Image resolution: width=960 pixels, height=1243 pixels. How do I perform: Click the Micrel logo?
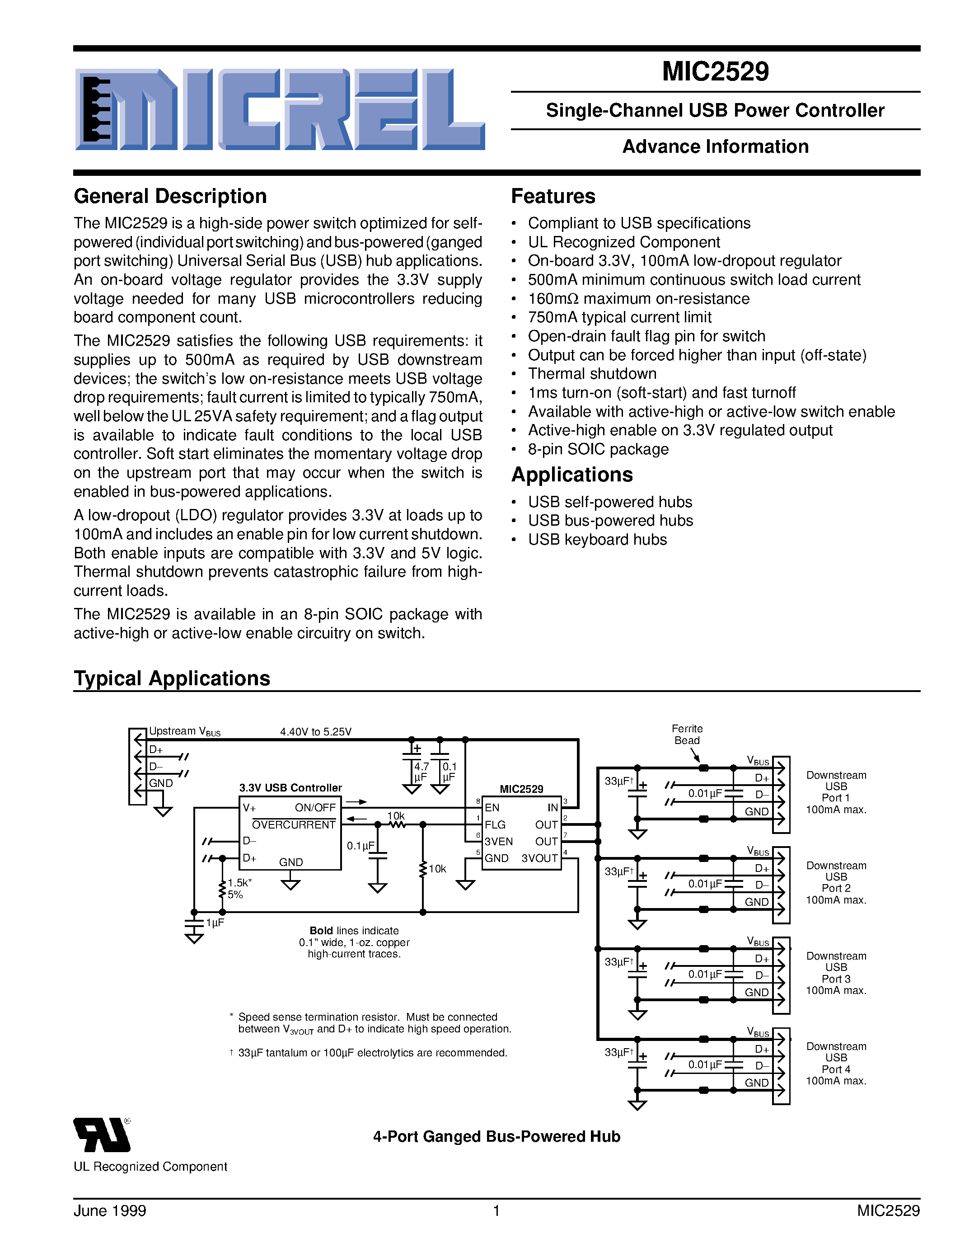click(280, 110)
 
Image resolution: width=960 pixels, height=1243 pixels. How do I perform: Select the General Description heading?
click(170, 196)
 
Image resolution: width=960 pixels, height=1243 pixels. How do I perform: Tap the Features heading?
click(553, 196)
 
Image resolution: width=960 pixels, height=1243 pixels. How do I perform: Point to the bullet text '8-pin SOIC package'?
click(598, 450)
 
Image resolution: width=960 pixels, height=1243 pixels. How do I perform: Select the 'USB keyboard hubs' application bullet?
click(597, 540)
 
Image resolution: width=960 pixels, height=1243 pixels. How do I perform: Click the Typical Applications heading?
click(172, 678)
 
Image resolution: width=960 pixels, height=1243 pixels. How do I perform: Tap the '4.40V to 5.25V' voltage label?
click(316, 732)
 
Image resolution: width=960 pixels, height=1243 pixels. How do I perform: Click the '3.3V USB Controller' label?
click(290, 788)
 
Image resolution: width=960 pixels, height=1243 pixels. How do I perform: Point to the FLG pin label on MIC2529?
click(495, 825)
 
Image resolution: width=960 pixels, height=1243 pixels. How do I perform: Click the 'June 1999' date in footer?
click(110, 1210)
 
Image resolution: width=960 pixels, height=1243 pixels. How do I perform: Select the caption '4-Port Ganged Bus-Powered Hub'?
click(496, 1137)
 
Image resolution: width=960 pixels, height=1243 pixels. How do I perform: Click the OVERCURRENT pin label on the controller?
click(294, 825)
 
